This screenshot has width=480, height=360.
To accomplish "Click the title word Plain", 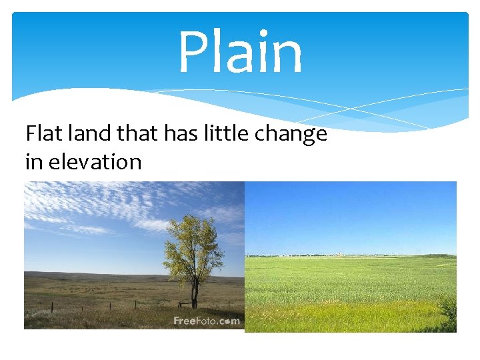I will point(240,53).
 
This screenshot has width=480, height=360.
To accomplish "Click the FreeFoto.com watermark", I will point(206,321).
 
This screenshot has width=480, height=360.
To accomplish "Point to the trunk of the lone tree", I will point(195,293).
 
